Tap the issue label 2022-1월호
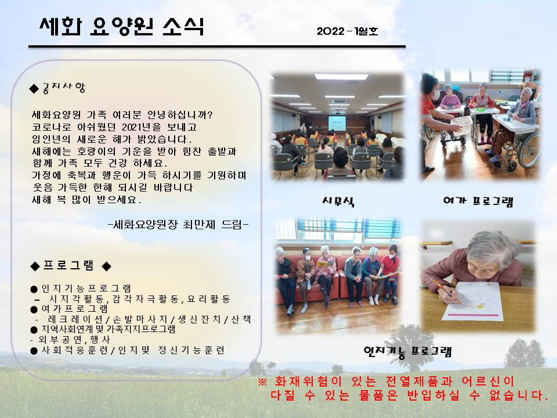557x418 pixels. tap(348, 31)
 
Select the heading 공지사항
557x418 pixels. tap(64, 88)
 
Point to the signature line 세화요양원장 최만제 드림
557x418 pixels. tap(178, 225)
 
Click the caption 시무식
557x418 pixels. tap(338, 201)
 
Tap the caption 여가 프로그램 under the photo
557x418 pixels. tap(478, 201)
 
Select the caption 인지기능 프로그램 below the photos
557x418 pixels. tap(408, 352)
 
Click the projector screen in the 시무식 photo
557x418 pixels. tap(337, 123)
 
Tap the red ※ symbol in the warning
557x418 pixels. tap(262, 382)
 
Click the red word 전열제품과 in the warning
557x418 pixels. tap(419, 382)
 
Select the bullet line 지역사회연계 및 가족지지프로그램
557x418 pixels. tap(108, 329)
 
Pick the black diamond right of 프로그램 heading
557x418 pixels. tap(107, 266)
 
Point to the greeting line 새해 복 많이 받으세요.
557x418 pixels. tap(86, 200)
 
